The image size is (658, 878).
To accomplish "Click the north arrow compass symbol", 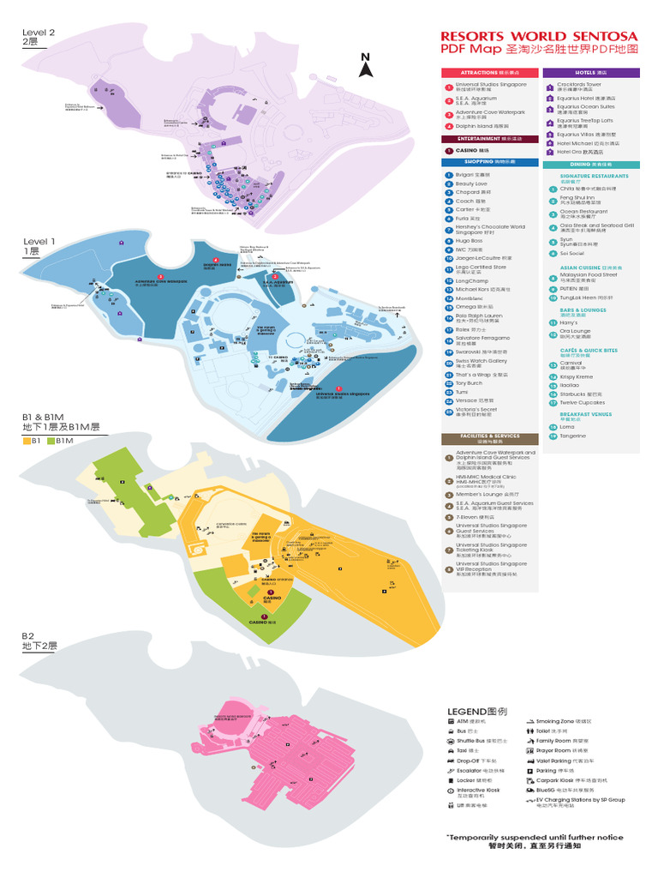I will pos(365,65).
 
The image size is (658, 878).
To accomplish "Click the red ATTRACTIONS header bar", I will pos(489,73).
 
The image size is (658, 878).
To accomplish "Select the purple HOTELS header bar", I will pos(591,73).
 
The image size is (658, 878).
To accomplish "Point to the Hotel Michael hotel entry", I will pos(585,143).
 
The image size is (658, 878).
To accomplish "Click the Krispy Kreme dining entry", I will pos(577,376).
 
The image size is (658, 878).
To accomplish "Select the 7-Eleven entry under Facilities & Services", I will pos(471,517).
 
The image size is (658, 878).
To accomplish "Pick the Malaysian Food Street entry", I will pos(589,275).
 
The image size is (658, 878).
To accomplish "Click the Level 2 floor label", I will pos(39,33).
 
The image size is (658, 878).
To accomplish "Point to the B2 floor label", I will pos(30,635).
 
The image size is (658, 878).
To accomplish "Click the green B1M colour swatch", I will pos(51,441).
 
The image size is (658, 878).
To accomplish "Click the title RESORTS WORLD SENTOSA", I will pos(539,36).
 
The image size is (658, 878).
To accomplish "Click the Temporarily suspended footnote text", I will pos(535,838).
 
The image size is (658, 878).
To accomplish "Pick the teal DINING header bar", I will pos(591,164).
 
